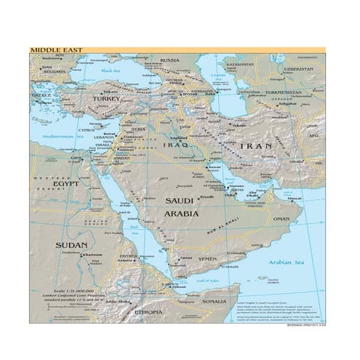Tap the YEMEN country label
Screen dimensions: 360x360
208,259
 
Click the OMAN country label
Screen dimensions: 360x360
281,218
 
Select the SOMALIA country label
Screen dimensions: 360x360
215,300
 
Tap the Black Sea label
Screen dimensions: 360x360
111,71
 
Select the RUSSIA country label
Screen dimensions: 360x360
169,60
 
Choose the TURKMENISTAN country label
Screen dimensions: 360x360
283,93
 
